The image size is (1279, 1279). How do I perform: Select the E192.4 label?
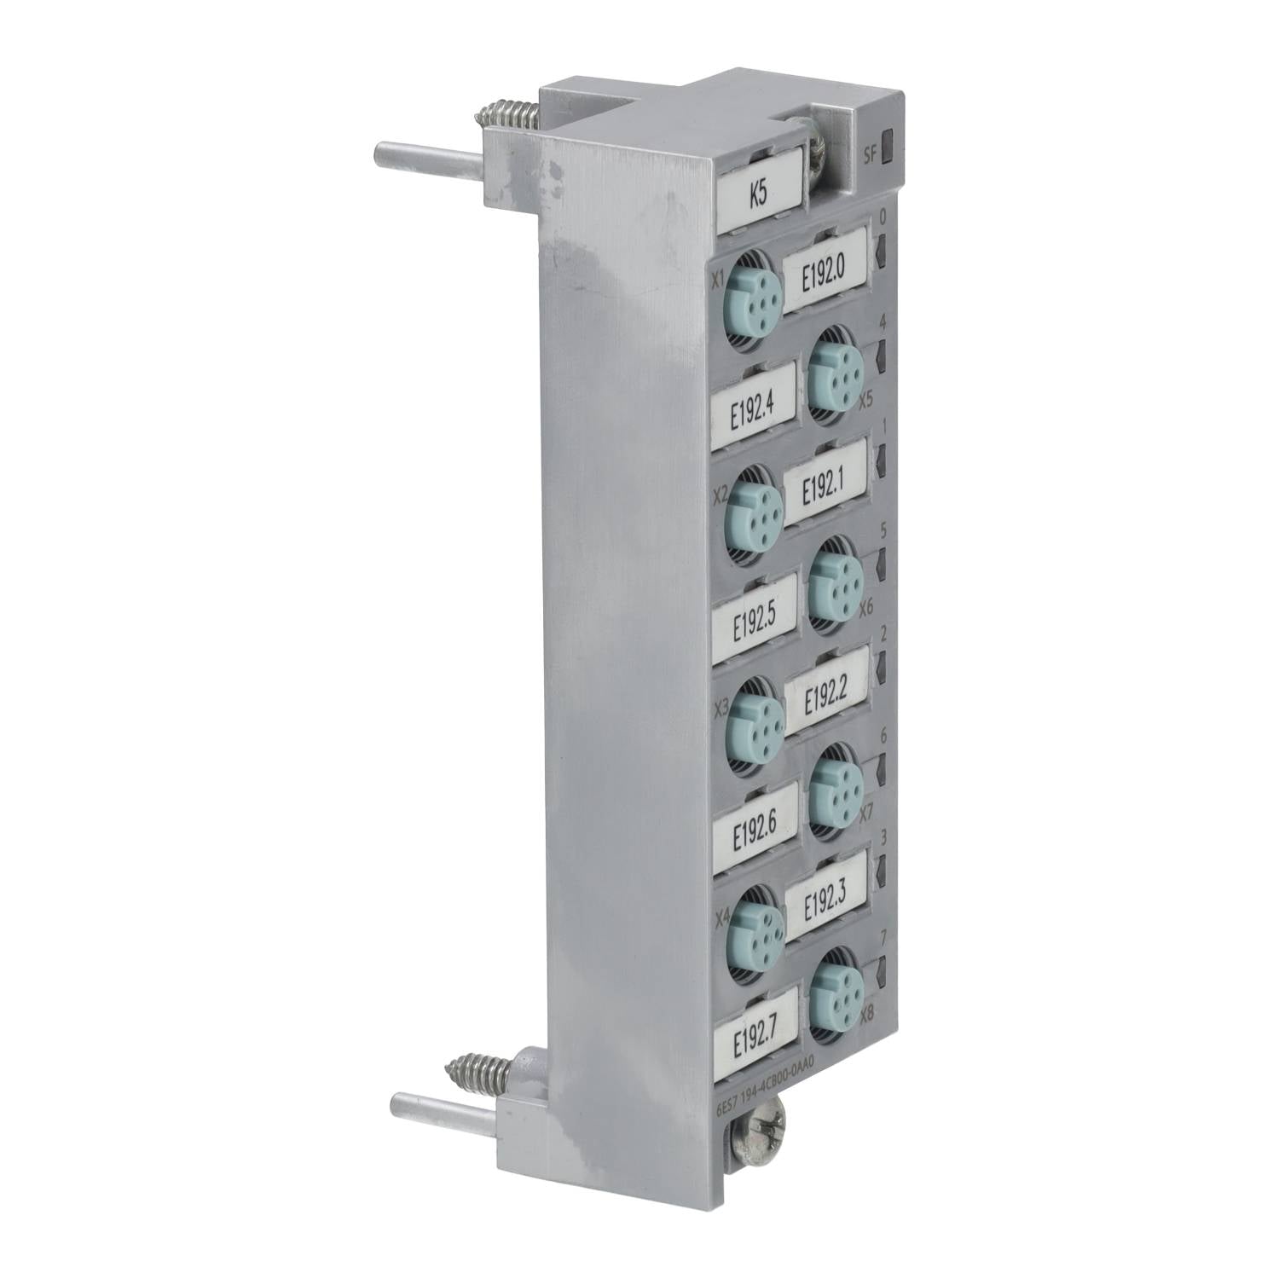pyautogui.click(x=753, y=408)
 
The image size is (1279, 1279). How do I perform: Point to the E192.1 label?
pyautogui.click(x=825, y=483)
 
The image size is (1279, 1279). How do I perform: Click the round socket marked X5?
pyautogui.click(x=834, y=373)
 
